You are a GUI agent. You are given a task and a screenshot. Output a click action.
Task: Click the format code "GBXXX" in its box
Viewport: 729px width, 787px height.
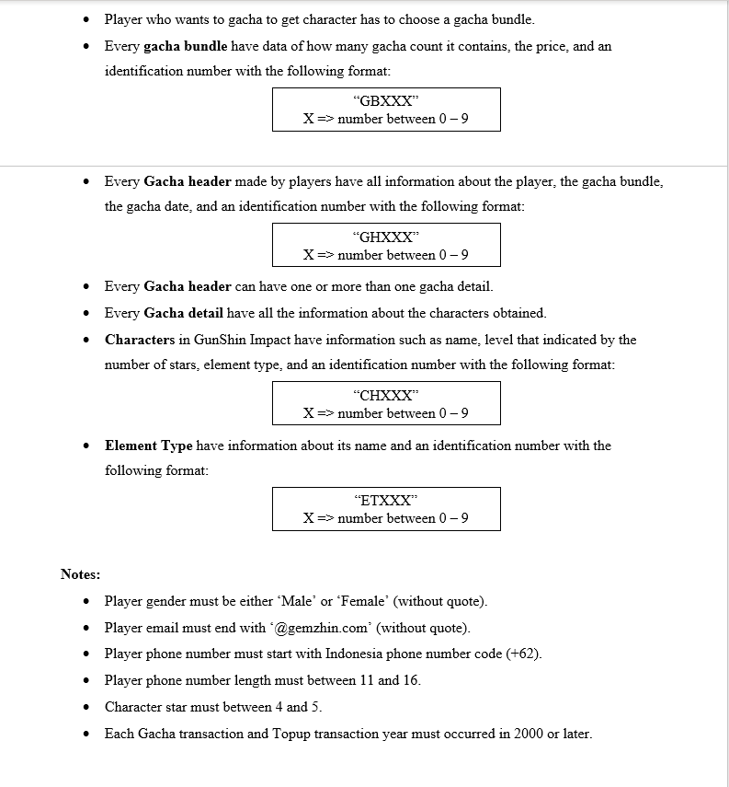(x=386, y=102)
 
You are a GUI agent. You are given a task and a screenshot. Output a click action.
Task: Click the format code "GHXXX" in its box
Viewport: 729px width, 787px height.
(x=386, y=237)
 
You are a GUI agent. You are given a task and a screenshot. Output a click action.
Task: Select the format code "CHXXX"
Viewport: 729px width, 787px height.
(x=386, y=396)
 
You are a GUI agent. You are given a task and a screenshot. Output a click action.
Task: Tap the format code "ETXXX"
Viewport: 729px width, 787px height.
(x=386, y=501)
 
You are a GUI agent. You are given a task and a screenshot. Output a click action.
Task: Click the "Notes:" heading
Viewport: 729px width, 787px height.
(x=81, y=574)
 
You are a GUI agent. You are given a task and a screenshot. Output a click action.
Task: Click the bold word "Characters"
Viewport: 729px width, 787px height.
(x=140, y=340)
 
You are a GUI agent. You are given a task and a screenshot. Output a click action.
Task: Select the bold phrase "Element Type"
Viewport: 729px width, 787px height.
(x=149, y=446)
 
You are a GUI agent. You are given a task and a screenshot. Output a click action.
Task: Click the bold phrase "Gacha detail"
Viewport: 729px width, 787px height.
(x=184, y=313)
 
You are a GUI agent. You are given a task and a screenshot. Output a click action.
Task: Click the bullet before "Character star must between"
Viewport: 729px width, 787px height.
(x=86, y=708)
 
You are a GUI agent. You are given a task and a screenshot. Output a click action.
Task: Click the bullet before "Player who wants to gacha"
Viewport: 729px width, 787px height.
(x=86, y=19)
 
